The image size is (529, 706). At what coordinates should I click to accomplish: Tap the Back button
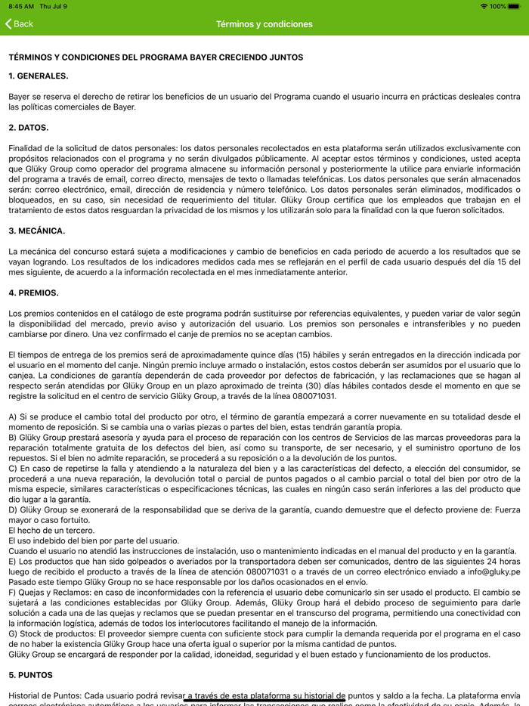pos(19,24)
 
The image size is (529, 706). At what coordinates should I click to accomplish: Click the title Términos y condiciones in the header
pos(264,24)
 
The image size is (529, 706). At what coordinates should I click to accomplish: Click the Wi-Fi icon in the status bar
pos(484,6)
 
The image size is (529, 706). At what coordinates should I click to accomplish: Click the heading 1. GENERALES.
pos(38,76)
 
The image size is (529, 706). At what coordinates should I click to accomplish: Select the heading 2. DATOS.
pos(29,128)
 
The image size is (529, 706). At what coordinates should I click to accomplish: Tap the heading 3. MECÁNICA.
pos(37,231)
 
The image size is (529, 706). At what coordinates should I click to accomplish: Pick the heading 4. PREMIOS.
pos(33,293)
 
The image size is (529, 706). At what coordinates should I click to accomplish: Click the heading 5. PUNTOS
pos(32,674)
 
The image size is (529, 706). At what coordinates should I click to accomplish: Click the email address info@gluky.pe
pos(494,572)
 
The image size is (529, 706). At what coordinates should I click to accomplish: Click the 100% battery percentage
pos(497,6)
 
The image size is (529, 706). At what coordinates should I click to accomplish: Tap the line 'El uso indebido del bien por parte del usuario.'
pos(94,540)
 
